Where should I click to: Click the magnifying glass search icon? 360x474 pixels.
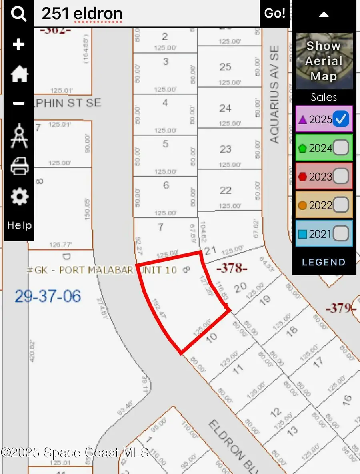[x=18, y=14]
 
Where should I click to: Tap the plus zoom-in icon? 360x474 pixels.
[x=18, y=44]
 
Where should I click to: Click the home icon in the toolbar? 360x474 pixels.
[x=19, y=74]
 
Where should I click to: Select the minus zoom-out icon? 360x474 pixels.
[x=18, y=104]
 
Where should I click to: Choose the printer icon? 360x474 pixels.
[x=19, y=165]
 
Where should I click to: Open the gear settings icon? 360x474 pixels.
[x=19, y=197]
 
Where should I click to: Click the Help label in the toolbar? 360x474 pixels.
[x=19, y=225]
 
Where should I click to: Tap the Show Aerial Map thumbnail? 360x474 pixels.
[x=324, y=61]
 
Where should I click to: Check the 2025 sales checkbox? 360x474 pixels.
[x=342, y=119]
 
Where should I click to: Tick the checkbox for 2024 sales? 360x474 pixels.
[x=341, y=148]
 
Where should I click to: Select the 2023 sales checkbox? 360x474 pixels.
[x=341, y=176]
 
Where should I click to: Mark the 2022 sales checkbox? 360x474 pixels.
[x=341, y=205]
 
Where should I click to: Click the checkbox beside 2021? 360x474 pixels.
[x=341, y=234]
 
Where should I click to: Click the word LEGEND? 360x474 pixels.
[x=324, y=262]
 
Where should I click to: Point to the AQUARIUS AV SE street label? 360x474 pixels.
[x=274, y=94]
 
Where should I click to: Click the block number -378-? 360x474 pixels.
[x=232, y=268]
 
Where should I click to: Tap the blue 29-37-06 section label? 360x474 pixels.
[x=48, y=296]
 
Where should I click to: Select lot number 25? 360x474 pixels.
[x=225, y=67]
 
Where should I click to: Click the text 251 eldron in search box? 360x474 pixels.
[x=82, y=14]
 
